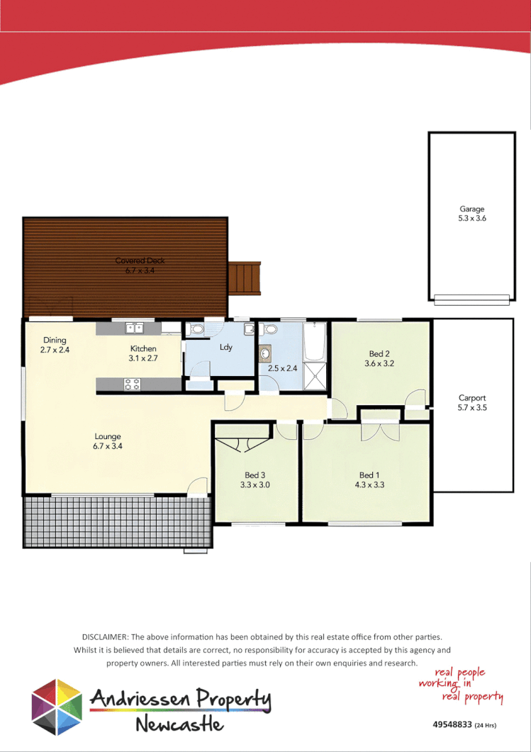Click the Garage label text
click(472, 209)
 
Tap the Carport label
click(472, 398)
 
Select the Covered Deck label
click(140, 260)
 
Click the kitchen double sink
click(134, 328)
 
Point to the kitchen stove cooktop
click(133, 384)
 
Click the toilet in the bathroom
click(269, 329)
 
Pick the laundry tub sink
click(249, 329)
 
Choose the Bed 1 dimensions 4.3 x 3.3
click(367, 485)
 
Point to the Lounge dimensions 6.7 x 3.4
click(108, 446)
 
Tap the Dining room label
click(55, 340)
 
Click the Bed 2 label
click(379, 353)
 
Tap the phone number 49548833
click(452, 725)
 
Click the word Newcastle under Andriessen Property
click(179, 724)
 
